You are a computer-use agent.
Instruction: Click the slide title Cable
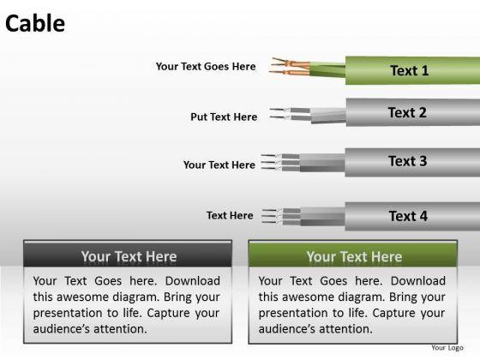35,24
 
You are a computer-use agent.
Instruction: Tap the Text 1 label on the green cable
410,70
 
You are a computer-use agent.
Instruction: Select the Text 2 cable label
407,112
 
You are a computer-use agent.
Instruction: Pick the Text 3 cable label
407,161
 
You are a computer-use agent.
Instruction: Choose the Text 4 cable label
408,216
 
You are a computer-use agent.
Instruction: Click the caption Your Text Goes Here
206,67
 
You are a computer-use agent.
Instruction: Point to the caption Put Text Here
224,117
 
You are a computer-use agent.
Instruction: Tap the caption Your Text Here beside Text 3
219,165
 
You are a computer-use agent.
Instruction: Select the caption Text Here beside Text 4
230,215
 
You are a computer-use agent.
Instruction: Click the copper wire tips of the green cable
290,67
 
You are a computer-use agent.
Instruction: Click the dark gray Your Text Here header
128,255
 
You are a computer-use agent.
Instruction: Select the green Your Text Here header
353,255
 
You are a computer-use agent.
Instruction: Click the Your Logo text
447,348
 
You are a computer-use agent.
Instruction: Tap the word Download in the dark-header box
193,281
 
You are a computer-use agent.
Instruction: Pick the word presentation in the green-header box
287,314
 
